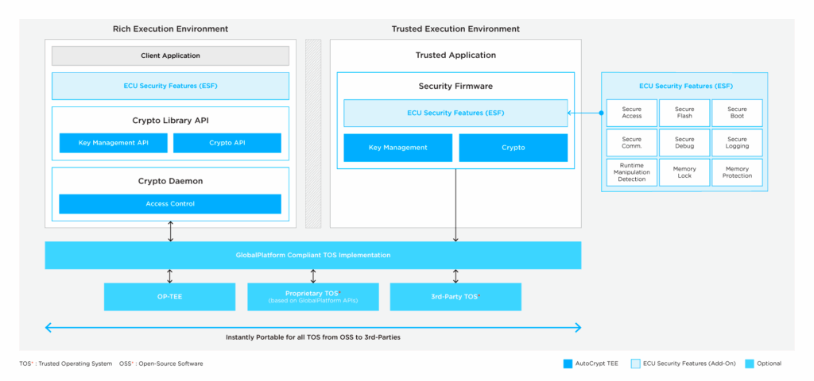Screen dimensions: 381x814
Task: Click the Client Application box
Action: click(x=170, y=56)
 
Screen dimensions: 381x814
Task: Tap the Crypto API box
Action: click(x=227, y=143)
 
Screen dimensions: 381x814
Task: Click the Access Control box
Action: click(x=170, y=204)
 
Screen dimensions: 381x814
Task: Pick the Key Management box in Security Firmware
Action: click(x=397, y=148)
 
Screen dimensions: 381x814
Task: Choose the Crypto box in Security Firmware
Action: click(x=513, y=148)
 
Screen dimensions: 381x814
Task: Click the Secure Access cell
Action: click(x=631, y=113)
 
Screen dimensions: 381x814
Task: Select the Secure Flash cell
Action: click(x=684, y=113)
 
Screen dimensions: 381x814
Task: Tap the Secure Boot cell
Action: click(x=737, y=113)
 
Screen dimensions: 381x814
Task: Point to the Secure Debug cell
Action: click(x=684, y=143)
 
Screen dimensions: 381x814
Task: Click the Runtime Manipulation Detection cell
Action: click(x=631, y=172)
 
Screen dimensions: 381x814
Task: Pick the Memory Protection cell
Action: click(x=737, y=172)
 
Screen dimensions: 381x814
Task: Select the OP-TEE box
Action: click(x=169, y=296)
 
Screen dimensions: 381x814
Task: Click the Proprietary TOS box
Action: click(x=312, y=296)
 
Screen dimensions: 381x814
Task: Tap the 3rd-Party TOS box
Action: click(x=455, y=296)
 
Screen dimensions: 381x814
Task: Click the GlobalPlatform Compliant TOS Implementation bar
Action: click(x=312, y=255)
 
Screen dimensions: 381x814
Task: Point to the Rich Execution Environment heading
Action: click(x=170, y=29)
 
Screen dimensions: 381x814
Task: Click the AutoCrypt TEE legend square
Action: click(x=568, y=364)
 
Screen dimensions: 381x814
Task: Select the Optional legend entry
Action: click(x=762, y=364)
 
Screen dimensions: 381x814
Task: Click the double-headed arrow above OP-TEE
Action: click(x=169, y=276)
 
